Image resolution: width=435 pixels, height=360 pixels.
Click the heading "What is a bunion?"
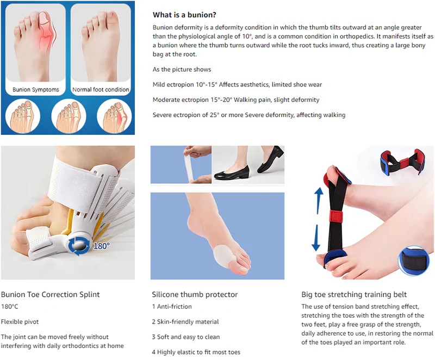[x=184, y=15]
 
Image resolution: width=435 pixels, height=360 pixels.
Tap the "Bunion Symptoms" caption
[x=36, y=90]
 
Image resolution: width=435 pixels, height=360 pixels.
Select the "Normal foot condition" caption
[x=101, y=90]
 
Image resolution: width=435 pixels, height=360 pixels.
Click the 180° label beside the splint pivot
[x=101, y=246]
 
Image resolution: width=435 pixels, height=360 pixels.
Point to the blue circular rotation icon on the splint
[x=79, y=246]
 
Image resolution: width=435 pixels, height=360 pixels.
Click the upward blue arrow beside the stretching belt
[x=319, y=200]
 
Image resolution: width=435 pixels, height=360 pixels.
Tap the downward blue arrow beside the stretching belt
[x=316, y=238]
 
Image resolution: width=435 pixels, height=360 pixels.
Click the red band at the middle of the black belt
[x=336, y=216]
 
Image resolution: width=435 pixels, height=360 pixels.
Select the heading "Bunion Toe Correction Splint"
[x=50, y=294]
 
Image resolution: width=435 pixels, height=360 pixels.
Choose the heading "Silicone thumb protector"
[x=195, y=294]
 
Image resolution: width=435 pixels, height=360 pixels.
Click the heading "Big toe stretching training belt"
[x=354, y=294]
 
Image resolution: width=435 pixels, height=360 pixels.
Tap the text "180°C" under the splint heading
[x=9, y=307]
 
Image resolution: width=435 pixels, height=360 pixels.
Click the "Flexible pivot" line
[x=20, y=322]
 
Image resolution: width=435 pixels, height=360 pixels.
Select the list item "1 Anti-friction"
[x=172, y=307]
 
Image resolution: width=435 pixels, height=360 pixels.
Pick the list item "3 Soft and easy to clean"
[x=185, y=337]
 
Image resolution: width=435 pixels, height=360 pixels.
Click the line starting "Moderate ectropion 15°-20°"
[x=236, y=100]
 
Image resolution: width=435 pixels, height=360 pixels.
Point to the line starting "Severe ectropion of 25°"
[x=249, y=115]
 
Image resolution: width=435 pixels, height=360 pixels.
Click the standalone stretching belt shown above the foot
[x=401, y=162]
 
